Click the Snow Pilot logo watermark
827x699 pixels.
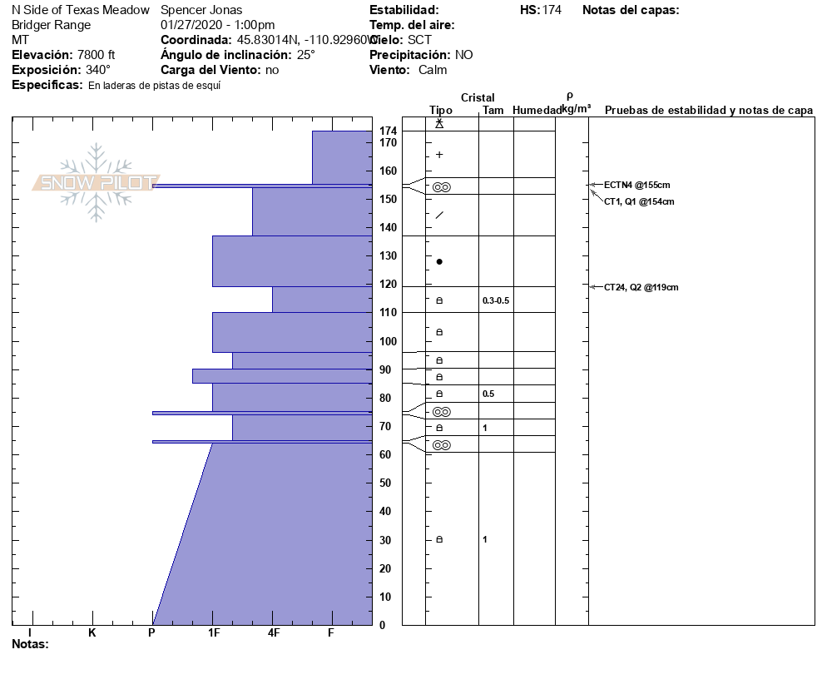pos(96,182)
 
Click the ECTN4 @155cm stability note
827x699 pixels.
pos(636,185)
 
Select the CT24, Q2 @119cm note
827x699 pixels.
pos(641,287)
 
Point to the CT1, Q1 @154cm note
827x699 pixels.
pos(639,201)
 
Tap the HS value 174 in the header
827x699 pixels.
pos(552,10)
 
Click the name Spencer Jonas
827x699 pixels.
pos(201,10)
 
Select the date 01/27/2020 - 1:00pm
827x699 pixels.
pos(217,25)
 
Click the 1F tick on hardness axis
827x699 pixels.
pos(213,633)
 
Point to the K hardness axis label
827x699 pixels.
pos(92,633)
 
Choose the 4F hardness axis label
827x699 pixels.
pos(273,633)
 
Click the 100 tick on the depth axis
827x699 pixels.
pos(387,341)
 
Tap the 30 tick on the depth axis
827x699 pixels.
pos(387,540)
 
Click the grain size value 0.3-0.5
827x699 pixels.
pos(496,300)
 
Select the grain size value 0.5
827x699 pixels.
pos(488,394)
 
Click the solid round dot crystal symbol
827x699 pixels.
pos(439,261)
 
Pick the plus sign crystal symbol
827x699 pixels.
pos(439,155)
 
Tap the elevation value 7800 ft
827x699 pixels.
pos(96,55)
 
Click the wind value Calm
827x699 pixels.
pos(433,70)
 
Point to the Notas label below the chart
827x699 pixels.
pos(30,644)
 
